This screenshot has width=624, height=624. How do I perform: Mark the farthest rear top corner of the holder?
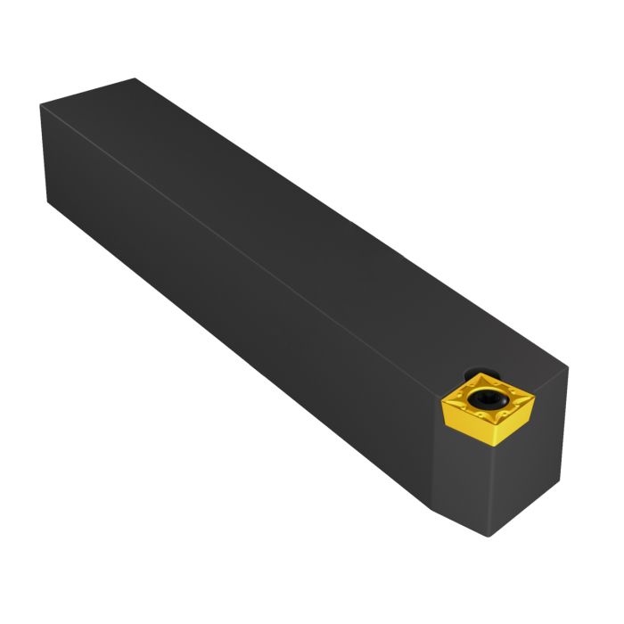[x=135, y=78]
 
